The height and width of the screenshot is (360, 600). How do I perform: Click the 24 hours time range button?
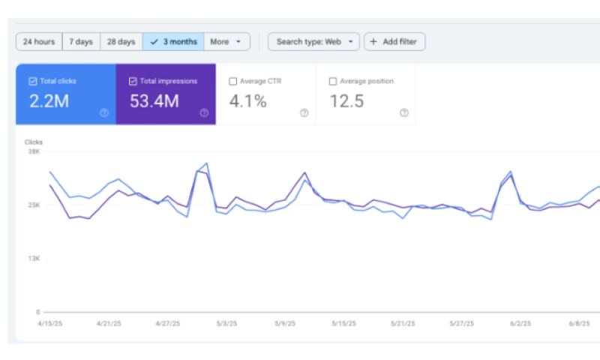39,42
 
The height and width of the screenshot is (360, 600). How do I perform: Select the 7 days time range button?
81,42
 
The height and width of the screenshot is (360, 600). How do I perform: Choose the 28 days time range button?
121,42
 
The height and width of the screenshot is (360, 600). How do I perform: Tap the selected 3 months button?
173,42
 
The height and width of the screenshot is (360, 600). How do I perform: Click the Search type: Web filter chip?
313,42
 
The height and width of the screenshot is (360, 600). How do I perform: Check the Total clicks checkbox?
33,81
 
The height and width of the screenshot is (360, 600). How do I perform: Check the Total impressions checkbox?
133,81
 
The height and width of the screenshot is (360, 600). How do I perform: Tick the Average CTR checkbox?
232,81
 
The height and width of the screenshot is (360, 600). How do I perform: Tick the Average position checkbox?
333,81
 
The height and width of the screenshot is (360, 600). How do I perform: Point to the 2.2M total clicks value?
49,101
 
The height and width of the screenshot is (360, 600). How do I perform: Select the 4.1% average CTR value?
247,101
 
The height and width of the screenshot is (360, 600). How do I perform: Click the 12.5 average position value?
347,101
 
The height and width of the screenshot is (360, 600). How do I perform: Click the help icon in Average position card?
404,113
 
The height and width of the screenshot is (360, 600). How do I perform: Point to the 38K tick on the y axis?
34,151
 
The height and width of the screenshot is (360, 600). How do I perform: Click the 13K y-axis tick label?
34,259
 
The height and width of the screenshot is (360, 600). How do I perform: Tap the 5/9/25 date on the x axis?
285,324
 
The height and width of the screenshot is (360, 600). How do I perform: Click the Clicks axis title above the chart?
34,142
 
